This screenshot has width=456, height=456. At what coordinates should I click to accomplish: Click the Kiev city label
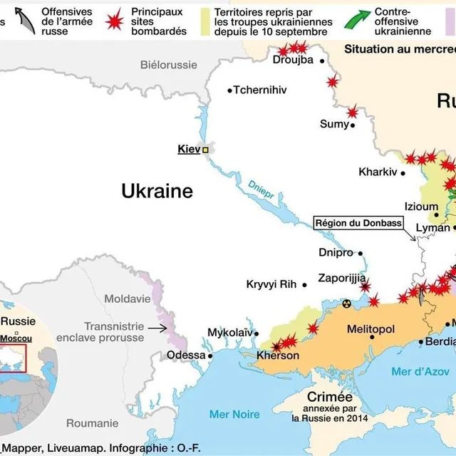(189, 150)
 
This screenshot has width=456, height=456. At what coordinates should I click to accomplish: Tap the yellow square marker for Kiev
(206, 150)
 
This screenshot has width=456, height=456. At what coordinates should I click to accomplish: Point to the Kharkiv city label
(378, 172)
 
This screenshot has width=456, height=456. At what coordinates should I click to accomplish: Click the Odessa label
(185, 356)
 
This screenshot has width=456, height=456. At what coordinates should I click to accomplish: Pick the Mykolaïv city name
(229, 333)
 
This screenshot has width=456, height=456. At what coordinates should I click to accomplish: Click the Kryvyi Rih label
(271, 284)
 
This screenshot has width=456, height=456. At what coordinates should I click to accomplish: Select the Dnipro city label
(336, 253)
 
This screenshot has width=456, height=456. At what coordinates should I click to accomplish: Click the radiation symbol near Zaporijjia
(347, 304)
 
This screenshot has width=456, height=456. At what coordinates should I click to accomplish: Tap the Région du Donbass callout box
(358, 223)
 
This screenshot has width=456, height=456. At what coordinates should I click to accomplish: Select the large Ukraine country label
(157, 191)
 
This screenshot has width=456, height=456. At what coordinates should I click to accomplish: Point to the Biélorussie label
(168, 65)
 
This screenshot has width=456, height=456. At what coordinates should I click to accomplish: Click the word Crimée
(330, 397)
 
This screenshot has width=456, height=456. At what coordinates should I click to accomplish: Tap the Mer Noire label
(234, 414)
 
